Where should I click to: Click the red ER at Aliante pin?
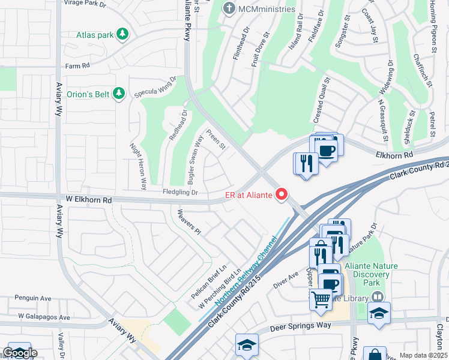(280, 194)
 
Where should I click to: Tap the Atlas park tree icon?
(122, 34)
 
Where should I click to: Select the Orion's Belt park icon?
(119, 94)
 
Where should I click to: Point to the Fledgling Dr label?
(180, 193)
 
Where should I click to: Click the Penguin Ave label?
(33, 298)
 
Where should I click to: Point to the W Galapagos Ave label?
(44, 317)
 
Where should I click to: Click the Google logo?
(19, 353)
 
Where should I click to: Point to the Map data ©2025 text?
(423, 355)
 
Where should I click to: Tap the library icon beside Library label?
(377, 296)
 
